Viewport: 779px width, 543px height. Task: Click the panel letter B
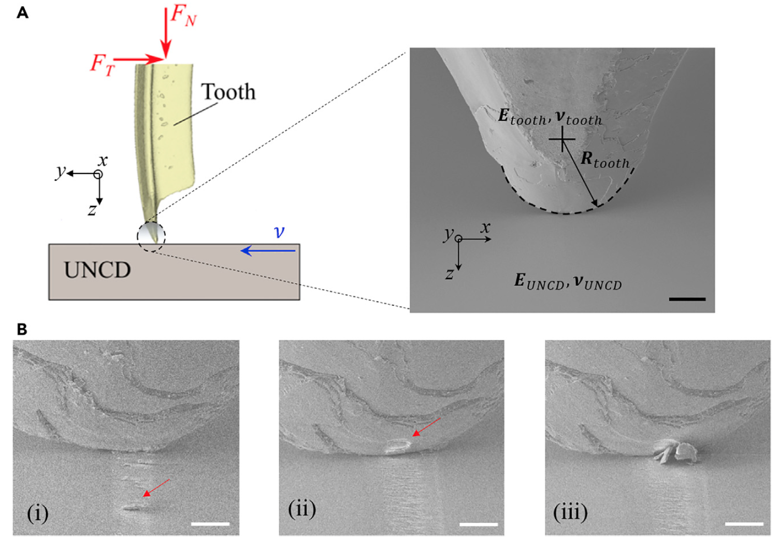tap(22, 330)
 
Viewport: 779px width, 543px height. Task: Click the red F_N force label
tap(183, 17)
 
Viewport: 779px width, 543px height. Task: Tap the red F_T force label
tap(102, 65)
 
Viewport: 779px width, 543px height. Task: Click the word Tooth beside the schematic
tap(229, 92)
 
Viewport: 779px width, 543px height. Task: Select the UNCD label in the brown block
tap(97, 270)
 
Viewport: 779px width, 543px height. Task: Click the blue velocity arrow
tap(268, 250)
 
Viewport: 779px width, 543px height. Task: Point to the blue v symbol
tap(279, 232)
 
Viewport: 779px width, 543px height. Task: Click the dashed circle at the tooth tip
tap(151, 237)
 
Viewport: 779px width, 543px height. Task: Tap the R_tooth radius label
tap(605, 160)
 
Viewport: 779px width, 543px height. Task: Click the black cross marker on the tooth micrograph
tap(561, 139)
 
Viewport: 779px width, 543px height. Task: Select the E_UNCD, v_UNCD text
tap(568, 282)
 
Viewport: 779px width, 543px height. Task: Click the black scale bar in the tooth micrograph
tap(687, 299)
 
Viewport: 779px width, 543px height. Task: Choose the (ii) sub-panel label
tap(302, 509)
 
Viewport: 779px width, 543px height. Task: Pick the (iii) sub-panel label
tap(570, 511)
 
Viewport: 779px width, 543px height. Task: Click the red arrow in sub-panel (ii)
tap(426, 427)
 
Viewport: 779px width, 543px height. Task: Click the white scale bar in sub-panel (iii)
tap(744, 524)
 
